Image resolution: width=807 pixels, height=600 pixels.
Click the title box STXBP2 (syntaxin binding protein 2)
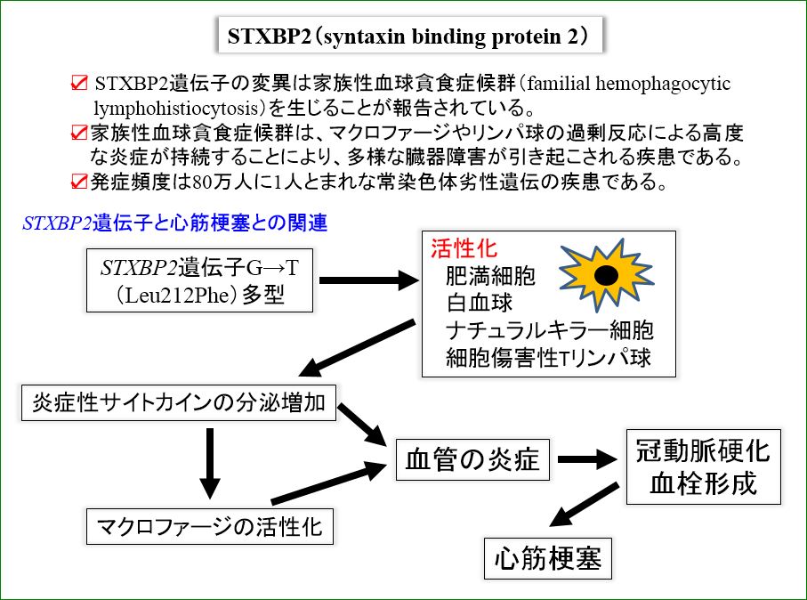[x=410, y=36]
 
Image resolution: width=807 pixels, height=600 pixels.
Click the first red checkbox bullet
[x=79, y=83]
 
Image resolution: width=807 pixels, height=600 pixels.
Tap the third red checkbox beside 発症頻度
[x=79, y=182]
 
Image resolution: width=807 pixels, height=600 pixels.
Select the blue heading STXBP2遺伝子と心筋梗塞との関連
[x=175, y=223]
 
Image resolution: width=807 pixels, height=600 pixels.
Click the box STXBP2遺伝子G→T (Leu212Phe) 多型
[x=199, y=280]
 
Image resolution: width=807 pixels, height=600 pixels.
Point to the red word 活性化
[x=464, y=248]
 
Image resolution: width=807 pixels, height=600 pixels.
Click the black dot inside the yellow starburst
[x=606, y=276]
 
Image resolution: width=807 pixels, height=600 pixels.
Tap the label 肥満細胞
[x=490, y=276]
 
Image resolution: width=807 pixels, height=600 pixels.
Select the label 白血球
[x=480, y=303]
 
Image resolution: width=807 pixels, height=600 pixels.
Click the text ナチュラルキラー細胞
[x=549, y=330]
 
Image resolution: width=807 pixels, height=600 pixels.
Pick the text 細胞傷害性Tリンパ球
[x=549, y=358]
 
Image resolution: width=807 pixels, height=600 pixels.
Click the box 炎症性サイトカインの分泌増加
[x=179, y=402]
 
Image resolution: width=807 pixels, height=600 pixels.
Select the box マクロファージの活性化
[x=209, y=526]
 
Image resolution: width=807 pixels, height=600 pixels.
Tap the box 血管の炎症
[x=472, y=459]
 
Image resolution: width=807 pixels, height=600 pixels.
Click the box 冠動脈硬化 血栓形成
[x=703, y=466]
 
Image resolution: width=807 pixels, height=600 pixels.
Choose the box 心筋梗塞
[x=547, y=558]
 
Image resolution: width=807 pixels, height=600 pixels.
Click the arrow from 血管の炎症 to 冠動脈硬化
[x=587, y=458]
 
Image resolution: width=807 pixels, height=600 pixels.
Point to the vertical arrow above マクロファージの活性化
[x=209, y=464]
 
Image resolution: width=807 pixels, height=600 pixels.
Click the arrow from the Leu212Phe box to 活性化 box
[x=369, y=280]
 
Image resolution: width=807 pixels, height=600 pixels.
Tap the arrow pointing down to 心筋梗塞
[x=585, y=505]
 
